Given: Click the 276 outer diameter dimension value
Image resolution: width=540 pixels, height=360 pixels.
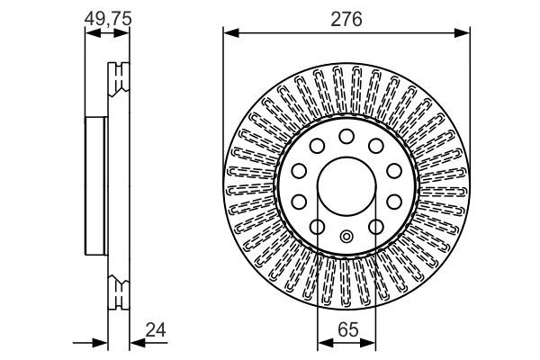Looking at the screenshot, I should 346,19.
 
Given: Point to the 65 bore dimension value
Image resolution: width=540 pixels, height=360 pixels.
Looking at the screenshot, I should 346,331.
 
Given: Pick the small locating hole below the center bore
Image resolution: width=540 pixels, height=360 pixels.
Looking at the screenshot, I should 346,237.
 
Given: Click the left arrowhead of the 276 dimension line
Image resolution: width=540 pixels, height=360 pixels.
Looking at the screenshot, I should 229,34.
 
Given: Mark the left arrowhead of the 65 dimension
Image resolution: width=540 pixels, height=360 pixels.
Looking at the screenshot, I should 323,343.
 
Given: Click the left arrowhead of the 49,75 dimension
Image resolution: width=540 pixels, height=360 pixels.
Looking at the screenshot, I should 89,34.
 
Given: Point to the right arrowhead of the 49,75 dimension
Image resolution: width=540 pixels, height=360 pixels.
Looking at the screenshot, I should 124,34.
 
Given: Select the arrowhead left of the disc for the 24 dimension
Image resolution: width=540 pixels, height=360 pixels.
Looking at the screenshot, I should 102,343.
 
